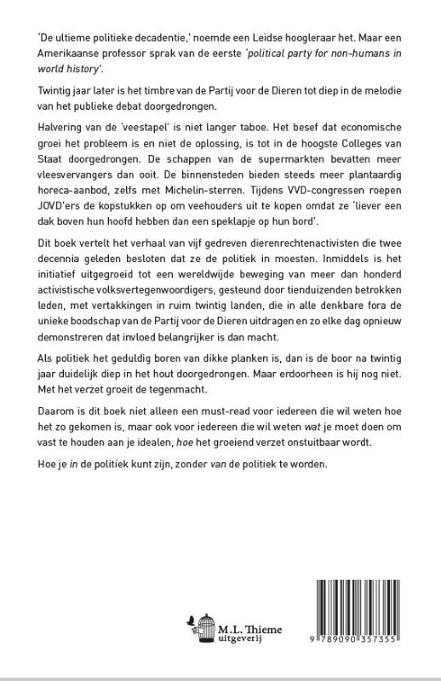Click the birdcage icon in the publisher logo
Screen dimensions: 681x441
[x=203, y=629]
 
